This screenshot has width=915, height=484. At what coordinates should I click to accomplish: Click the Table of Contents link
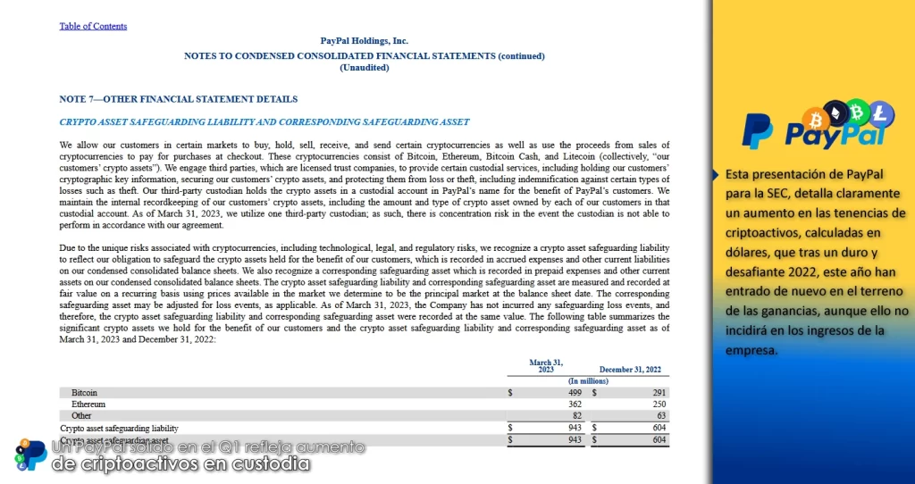point(93,26)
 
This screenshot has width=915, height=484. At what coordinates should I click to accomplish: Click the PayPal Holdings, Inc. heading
point(364,41)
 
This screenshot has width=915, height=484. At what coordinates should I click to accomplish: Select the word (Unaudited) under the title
point(364,68)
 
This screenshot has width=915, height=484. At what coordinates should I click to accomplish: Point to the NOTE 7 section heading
point(178,99)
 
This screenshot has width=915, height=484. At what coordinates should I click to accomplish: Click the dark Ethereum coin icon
point(836,113)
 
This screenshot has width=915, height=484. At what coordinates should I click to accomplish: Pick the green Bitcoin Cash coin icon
point(859,111)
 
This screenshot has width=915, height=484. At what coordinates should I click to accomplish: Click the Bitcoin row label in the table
point(85,392)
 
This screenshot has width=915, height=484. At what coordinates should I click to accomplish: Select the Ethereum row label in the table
point(88,405)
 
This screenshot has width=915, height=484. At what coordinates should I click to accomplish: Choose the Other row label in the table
point(82,416)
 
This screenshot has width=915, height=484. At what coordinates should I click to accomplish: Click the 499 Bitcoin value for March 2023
point(575,392)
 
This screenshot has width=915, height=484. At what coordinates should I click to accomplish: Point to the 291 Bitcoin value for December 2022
point(659,392)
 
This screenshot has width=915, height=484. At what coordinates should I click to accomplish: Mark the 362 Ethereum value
point(575,405)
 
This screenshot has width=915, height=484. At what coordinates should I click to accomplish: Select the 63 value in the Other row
point(661,416)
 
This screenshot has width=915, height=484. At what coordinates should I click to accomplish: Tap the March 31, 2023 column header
point(545,366)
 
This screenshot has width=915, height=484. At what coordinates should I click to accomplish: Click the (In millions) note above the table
point(588,381)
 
